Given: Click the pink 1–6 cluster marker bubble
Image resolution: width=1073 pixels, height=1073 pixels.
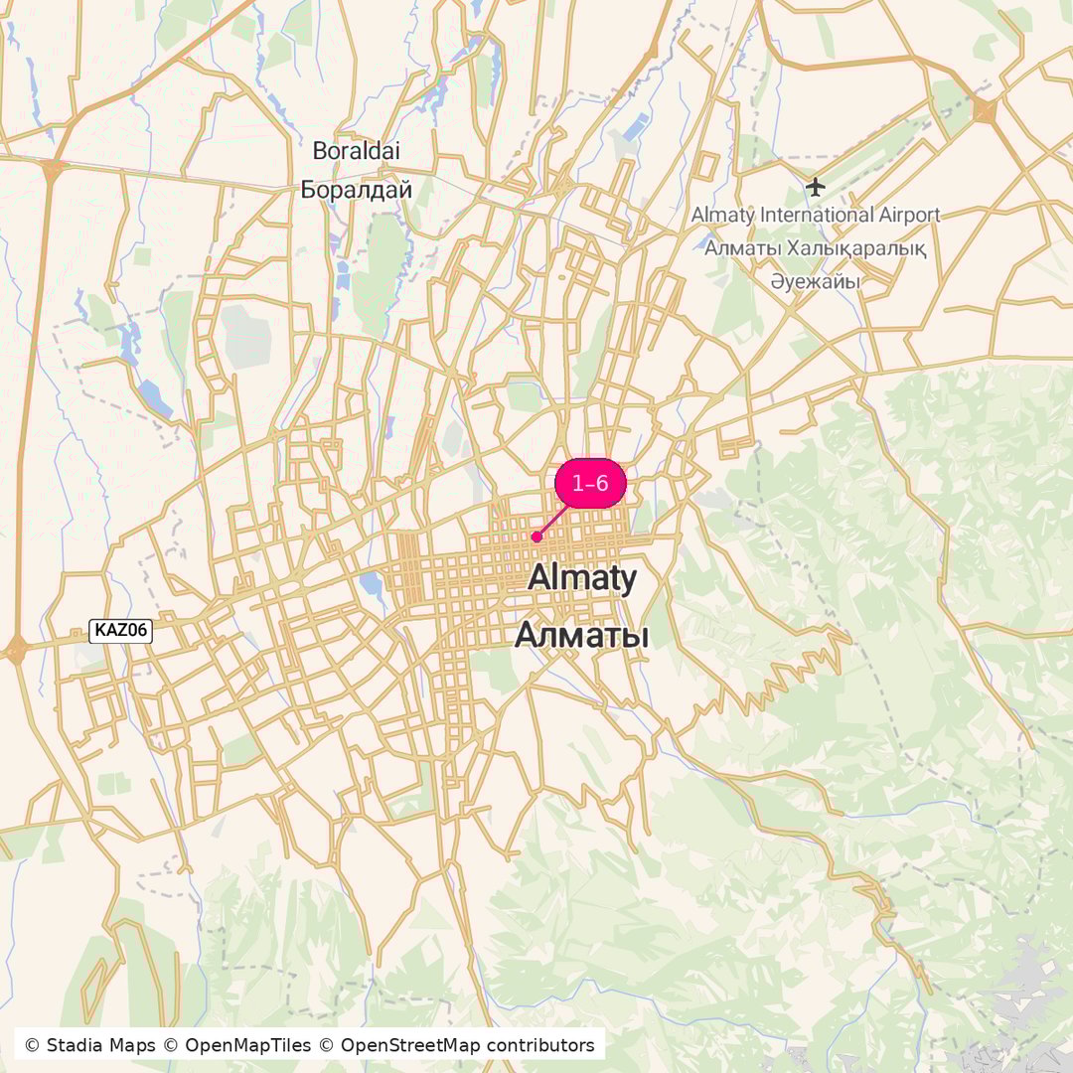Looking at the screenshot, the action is pyautogui.click(x=590, y=484).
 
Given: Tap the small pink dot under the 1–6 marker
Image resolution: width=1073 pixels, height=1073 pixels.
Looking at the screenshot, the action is pyautogui.click(x=536, y=536).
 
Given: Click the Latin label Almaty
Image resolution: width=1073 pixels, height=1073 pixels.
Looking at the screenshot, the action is pyautogui.click(x=582, y=577).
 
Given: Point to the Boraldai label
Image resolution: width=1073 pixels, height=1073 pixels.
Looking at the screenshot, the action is pyautogui.click(x=356, y=151).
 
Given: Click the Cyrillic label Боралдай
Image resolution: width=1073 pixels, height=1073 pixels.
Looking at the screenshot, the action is pyautogui.click(x=356, y=189).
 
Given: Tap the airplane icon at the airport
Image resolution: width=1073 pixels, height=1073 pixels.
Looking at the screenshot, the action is pyautogui.click(x=816, y=186).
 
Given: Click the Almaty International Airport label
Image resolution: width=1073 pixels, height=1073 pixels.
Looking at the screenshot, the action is pyautogui.click(x=815, y=215).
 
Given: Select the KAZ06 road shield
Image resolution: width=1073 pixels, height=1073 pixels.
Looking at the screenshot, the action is pyautogui.click(x=120, y=630).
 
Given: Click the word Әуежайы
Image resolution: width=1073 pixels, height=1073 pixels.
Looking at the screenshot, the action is pyautogui.click(x=815, y=282).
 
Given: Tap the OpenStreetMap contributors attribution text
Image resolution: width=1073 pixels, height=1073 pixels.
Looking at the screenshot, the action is pyautogui.click(x=467, y=1045).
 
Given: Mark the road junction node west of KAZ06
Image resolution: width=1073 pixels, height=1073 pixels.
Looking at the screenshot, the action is pyautogui.click(x=16, y=651).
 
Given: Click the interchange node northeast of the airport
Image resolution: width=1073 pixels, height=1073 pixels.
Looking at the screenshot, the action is pyautogui.click(x=985, y=110).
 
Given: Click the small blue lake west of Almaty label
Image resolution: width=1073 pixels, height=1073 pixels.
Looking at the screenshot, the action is pyautogui.click(x=374, y=585).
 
